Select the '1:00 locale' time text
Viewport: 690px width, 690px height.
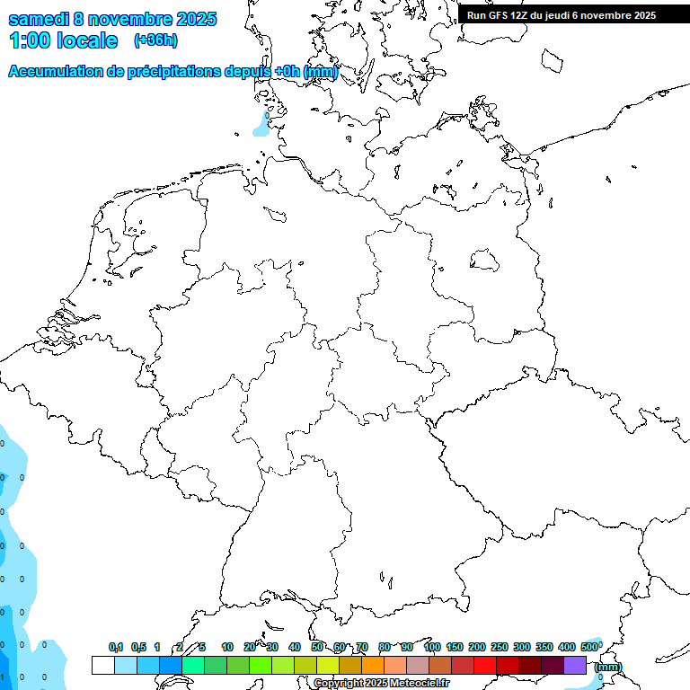64,40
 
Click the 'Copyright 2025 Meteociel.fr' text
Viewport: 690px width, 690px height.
382,683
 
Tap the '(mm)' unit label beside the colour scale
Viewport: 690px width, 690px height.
607,667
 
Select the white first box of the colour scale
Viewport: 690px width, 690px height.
103,665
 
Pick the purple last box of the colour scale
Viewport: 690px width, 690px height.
575,665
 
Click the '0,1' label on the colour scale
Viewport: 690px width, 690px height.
116,647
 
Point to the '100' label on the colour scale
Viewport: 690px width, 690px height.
432,647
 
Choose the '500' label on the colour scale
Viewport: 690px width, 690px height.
589,647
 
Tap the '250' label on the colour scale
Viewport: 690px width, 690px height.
500,647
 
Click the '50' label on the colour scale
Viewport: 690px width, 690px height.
317,647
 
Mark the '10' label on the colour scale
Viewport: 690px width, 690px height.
227,647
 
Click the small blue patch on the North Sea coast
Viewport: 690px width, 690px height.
261,127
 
